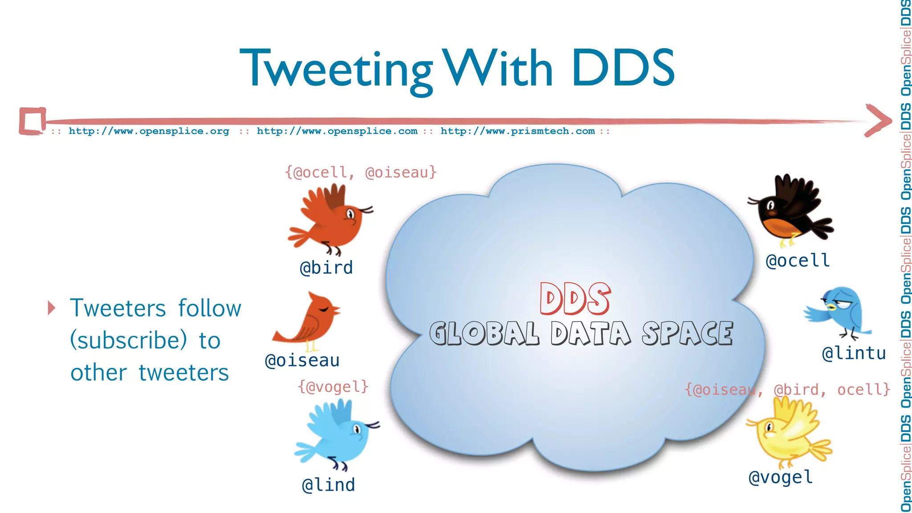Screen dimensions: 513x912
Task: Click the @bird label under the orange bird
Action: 326,268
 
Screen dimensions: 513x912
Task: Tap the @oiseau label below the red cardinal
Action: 302,360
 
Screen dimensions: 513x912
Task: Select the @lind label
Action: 328,485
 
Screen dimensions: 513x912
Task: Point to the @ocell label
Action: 798,261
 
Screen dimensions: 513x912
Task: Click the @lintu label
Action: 854,353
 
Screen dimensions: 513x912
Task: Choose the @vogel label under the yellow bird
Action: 781,477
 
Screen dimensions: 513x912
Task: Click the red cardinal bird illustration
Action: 309,321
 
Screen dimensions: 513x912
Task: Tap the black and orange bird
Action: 790,209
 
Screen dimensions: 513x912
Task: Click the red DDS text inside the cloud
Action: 574,299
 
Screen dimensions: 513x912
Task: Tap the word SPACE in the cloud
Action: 687,334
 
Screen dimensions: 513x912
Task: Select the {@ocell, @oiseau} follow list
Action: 361,172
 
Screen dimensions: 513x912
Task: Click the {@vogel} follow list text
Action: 333,387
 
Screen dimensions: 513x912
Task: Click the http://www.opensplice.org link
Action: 149,131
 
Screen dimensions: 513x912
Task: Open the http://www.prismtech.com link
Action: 517,131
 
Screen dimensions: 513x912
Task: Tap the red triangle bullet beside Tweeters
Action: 52,308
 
